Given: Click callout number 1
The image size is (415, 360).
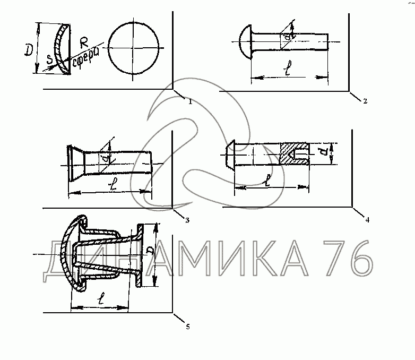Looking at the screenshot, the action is click(190, 101).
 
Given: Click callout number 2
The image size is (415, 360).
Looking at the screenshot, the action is click(365, 101).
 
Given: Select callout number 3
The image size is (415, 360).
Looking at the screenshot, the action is click(187, 220).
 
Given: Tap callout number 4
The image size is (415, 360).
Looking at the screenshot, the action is click(367, 220).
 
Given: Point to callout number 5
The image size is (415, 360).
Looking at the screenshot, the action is click(188, 327).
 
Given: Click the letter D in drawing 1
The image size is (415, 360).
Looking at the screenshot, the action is click(29, 50).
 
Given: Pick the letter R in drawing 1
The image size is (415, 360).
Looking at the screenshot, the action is click(84, 42).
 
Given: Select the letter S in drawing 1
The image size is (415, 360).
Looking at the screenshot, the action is click(49, 59).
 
